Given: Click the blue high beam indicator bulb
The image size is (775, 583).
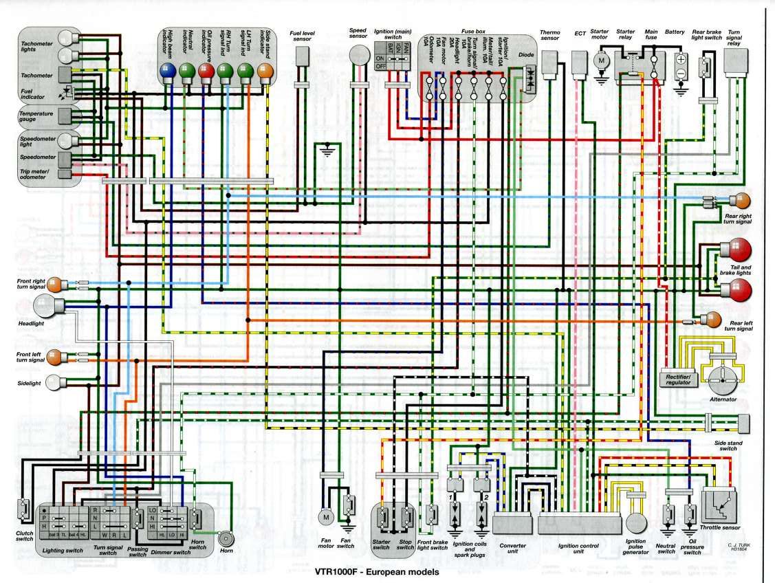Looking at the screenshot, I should click(167, 69).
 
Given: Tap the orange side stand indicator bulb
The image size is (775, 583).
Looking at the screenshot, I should click(265, 69).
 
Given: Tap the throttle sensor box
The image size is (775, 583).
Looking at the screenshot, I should click(720, 507).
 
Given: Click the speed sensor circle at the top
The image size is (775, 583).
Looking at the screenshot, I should click(358, 54).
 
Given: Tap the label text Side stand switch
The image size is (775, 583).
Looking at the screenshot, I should click(728, 446).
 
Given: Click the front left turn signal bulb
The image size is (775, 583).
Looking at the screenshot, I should click(54, 356).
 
